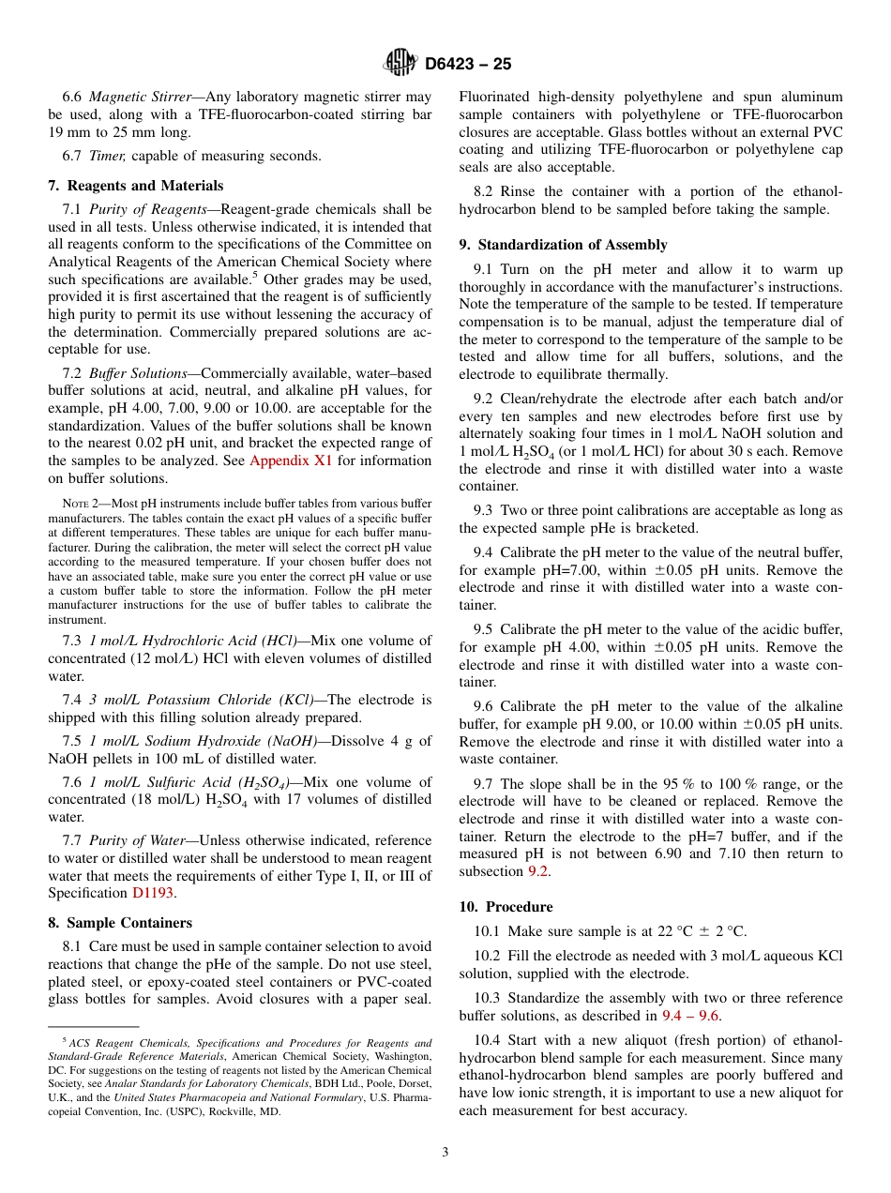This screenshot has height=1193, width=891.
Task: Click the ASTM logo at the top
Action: [400, 64]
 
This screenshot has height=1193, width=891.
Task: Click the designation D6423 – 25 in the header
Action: [468, 65]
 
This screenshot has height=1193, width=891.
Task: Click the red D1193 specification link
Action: [152, 894]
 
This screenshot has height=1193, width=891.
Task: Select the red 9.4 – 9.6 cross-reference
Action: [691, 1016]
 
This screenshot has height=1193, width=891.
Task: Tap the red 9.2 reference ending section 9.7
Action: [536, 871]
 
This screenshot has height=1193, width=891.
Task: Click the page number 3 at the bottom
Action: [445, 1153]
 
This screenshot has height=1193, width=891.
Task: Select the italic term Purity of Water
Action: [138, 841]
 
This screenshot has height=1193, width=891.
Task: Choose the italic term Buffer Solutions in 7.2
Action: [138, 373]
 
